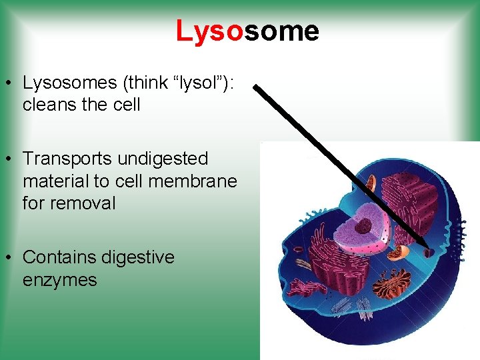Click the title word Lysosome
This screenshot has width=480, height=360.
247,31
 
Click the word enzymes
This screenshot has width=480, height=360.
59,279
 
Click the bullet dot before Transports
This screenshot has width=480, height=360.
9,159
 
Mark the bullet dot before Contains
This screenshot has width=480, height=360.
9,258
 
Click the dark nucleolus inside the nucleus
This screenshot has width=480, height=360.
363,226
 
